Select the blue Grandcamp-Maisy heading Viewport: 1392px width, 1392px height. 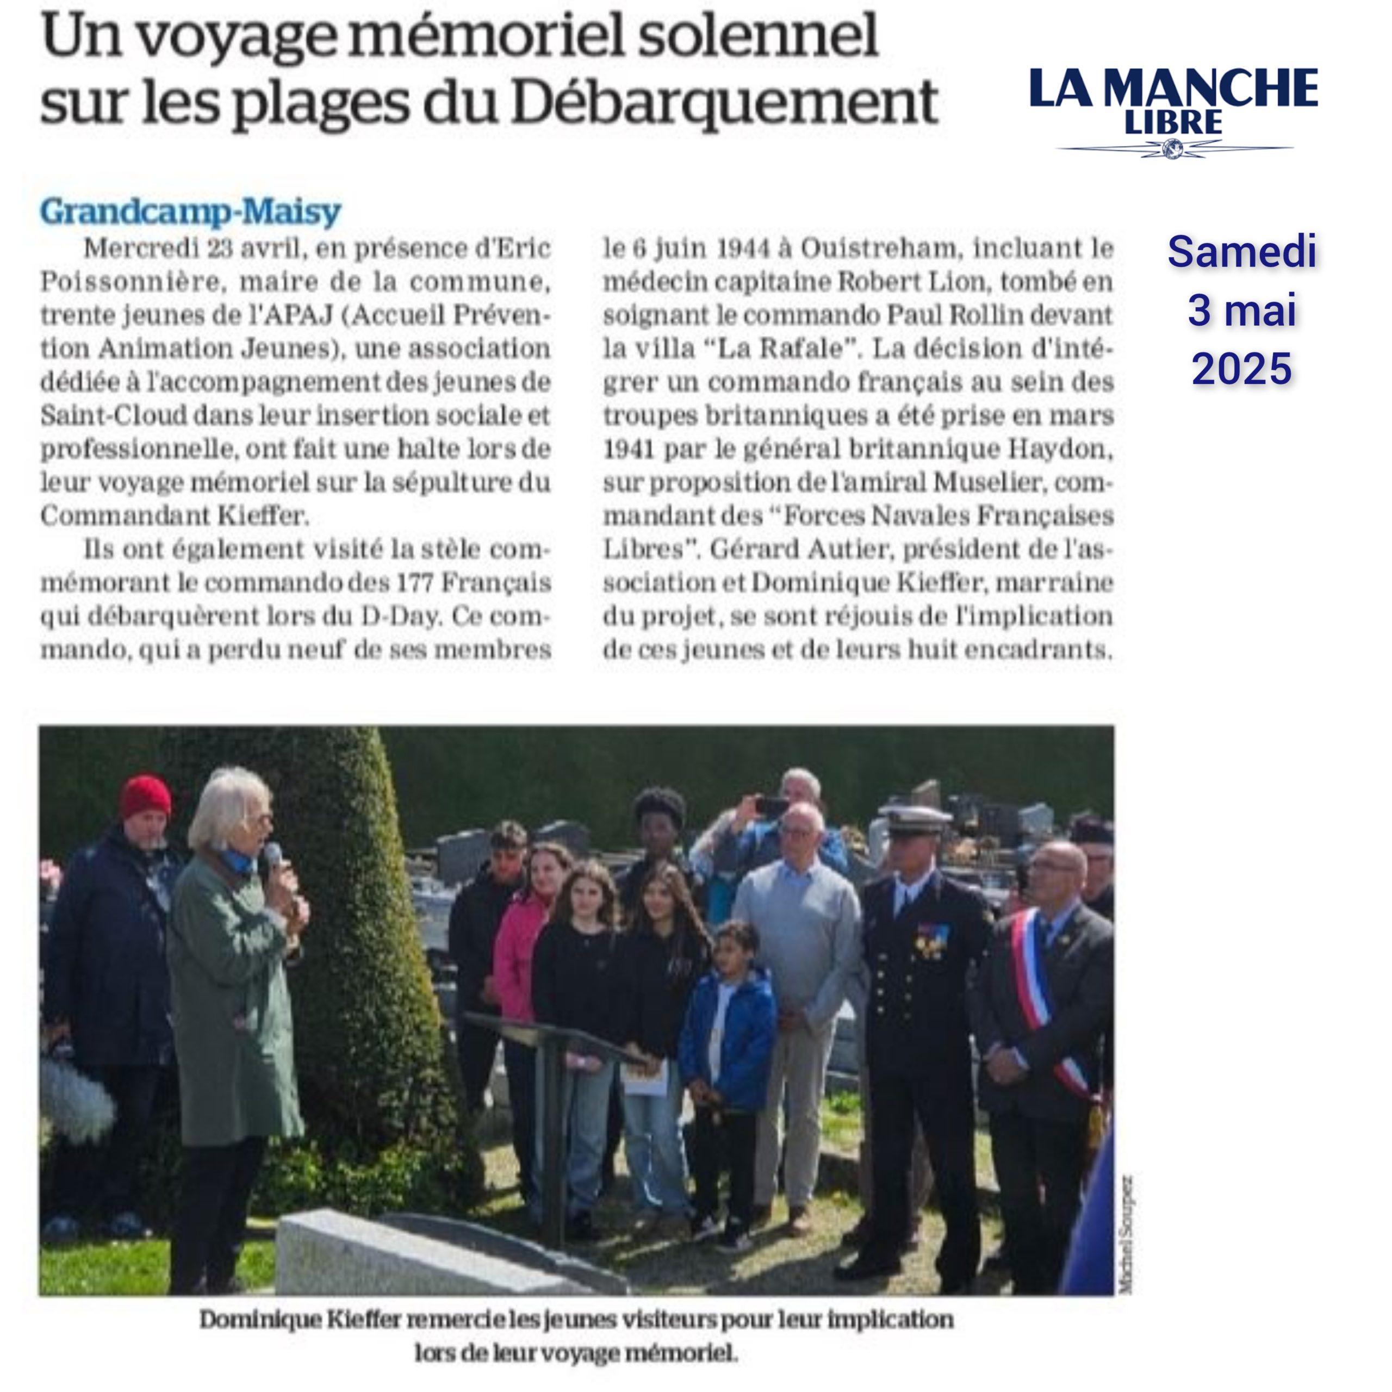click(190, 211)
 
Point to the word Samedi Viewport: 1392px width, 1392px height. click(1241, 252)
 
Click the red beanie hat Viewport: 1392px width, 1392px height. click(146, 796)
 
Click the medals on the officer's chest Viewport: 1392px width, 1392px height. click(931, 940)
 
